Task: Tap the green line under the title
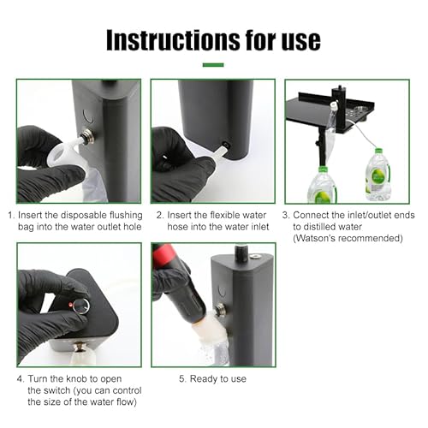pyautogui.click(x=213, y=64)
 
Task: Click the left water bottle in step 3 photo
pyautogui.click(x=321, y=184)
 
